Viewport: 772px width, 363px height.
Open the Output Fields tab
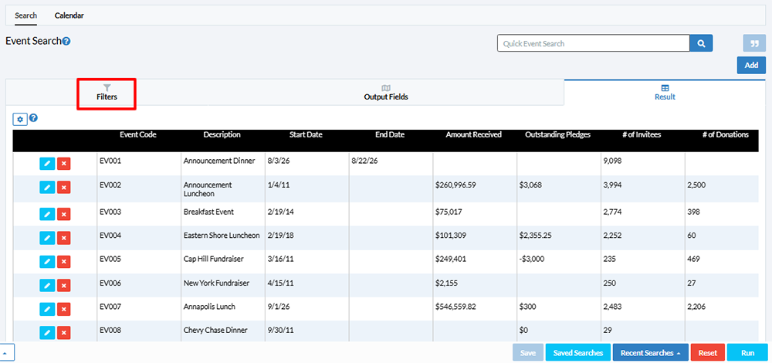click(386, 93)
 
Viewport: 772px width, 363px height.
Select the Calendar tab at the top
click(69, 15)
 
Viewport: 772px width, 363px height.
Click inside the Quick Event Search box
click(593, 43)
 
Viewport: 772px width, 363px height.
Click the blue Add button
click(751, 65)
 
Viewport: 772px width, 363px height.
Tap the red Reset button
click(707, 353)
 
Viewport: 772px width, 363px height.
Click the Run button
click(748, 353)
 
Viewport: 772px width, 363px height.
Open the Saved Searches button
click(578, 353)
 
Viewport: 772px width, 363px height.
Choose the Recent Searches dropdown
click(650, 353)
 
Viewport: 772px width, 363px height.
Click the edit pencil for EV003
click(47, 214)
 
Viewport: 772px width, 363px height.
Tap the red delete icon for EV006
click(63, 285)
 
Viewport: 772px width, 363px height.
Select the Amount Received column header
click(474, 134)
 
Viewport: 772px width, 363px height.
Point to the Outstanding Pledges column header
click(558, 134)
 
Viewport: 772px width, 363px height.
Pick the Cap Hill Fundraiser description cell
click(213, 259)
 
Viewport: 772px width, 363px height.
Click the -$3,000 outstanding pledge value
click(532, 259)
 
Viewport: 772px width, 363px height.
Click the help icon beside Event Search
click(66, 42)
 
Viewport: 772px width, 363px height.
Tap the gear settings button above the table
click(20, 119)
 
